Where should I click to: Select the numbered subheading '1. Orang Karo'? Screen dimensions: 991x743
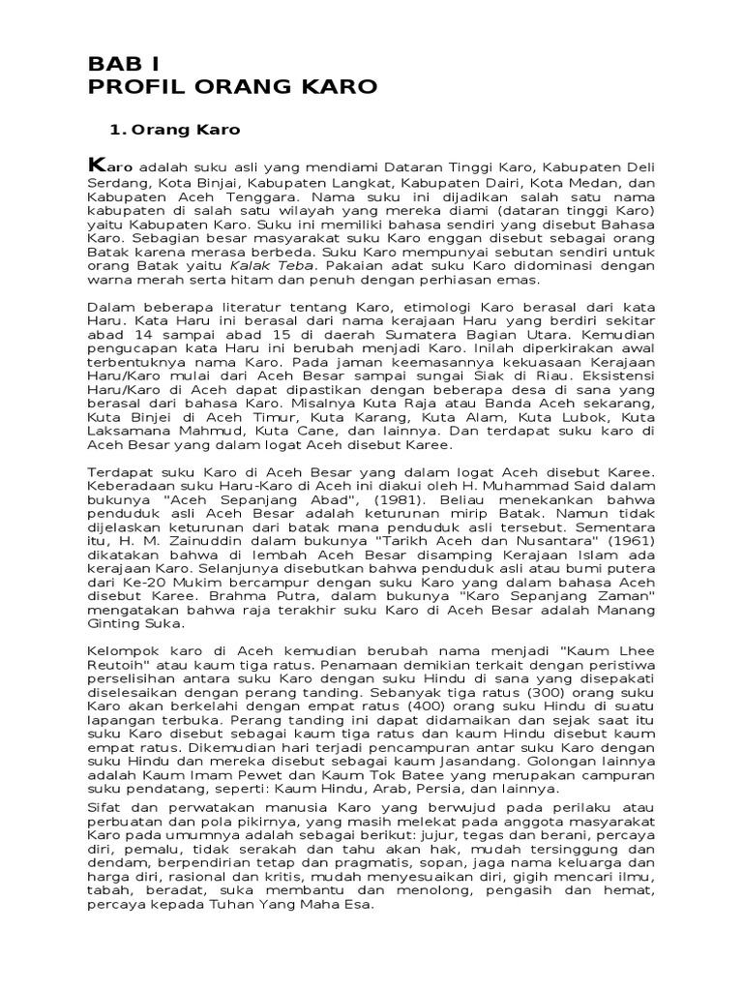[175, 129]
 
